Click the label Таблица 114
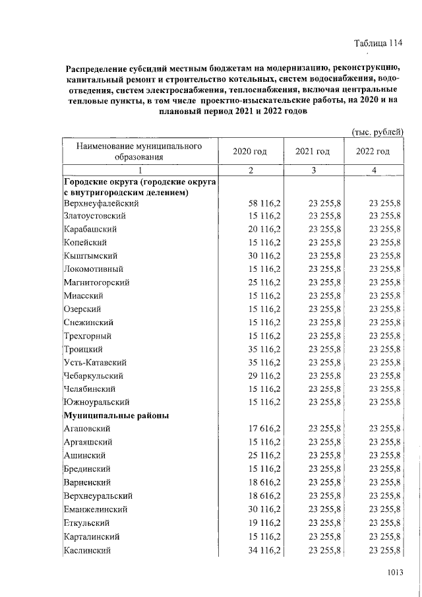(378, 44)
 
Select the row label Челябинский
(92, 389)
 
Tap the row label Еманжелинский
(96, 510)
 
